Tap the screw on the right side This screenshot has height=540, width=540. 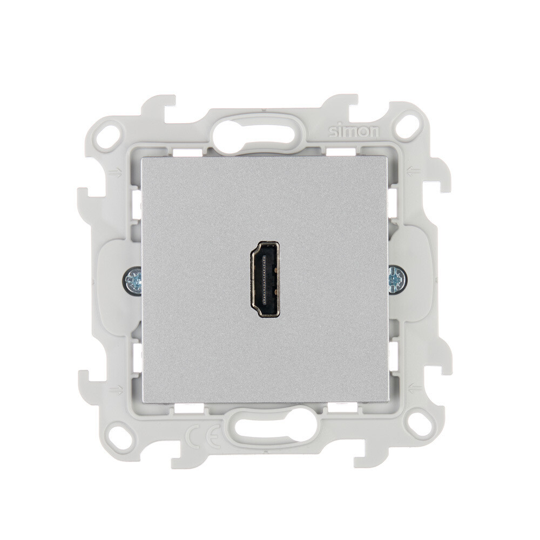tap(397, 279)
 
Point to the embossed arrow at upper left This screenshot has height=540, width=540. tap(115, 173)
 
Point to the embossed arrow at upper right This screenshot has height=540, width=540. tap(413, 171)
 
